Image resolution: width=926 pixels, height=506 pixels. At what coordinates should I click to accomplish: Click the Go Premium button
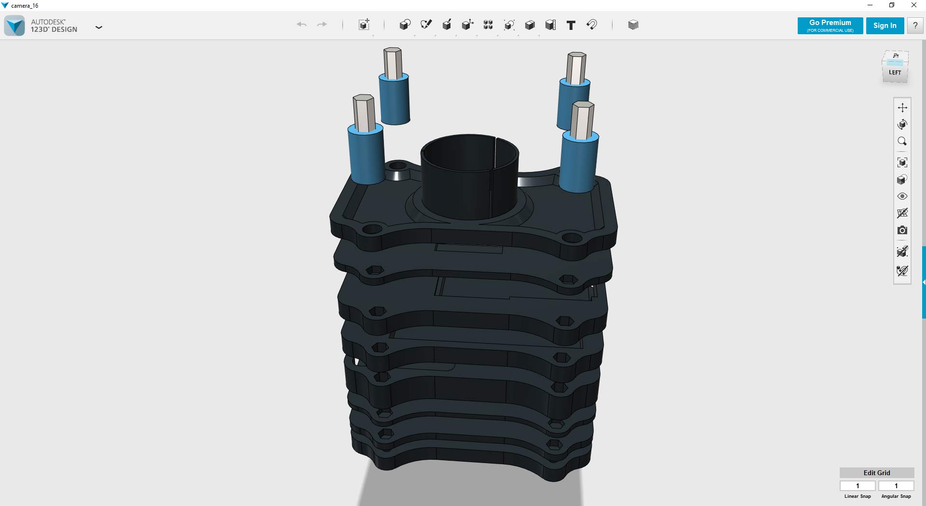(830, 26)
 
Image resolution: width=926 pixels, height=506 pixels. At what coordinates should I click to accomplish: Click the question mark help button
(915, 26)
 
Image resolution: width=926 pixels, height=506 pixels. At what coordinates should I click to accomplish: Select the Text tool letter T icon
(571, 25)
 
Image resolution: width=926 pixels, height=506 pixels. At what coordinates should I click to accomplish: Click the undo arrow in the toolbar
(302, 25)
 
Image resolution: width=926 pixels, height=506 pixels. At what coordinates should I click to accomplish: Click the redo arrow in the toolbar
(322, 25)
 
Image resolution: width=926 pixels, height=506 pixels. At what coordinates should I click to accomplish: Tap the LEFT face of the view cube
(895, 73)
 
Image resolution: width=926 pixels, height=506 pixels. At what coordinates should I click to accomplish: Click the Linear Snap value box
(858, 486)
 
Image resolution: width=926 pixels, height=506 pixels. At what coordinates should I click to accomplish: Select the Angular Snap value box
(896, 486)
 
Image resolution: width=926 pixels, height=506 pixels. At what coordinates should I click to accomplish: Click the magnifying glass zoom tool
(902, 141)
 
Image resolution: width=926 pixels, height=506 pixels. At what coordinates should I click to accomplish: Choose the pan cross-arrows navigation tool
(902, 107)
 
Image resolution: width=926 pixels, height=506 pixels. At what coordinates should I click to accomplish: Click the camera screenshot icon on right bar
(902, 230)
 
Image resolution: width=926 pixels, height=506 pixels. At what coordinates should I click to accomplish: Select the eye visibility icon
(902, 196)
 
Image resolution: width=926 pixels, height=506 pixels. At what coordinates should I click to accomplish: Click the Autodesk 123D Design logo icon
(14, 26)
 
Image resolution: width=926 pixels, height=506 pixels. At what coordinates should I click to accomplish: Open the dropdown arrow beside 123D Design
(99, 27)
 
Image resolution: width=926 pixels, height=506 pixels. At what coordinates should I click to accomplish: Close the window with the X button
(913, 5)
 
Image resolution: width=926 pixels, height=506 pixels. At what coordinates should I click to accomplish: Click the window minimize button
(870, 5)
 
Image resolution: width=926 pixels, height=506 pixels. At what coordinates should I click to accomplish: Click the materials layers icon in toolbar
(633, 25)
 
